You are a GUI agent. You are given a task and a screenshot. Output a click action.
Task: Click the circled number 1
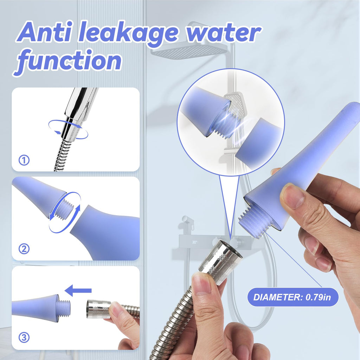pyautogui.click(x=24, y=160)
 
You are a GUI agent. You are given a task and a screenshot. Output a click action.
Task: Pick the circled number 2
pyautogui.click(x=24, y=249)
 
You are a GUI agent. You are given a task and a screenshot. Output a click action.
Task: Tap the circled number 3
pyautogui.click(x=24, y=337)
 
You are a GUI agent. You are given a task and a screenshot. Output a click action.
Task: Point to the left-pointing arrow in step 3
pyautogui.click(x=78, y=290)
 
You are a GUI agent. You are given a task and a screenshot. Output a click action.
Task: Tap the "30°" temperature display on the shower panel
pyautogui.click(x=194, y=242)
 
